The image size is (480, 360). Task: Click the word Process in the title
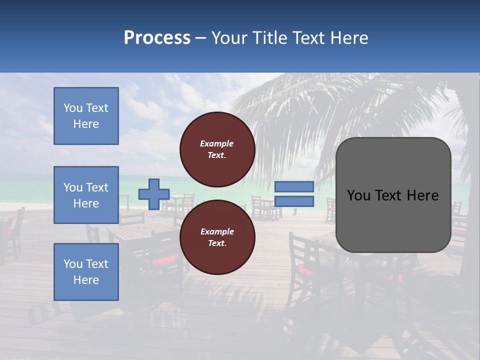tap(157, 38)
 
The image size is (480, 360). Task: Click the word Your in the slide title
tap(229, 38)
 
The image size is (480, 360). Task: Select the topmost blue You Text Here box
tap(86, 116)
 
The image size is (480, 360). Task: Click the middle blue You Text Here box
tap(86, 195)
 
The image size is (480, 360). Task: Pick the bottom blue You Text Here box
tap(86, 272)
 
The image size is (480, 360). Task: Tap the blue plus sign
tap(154, 194)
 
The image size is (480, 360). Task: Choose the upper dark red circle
tap(217, 149)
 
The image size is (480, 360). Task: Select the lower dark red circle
tap(217, 237)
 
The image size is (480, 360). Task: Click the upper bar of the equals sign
tap(294, 187)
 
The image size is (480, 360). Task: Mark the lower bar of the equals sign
tap(294, 201)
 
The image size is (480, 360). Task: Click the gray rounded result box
tap(393, 195)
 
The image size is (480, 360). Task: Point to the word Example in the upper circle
tap(217, 143)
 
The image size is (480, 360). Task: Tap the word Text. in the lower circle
tap(217, 243)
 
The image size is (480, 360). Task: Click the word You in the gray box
tap(358, 195)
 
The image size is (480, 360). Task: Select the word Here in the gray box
tap(422, 195)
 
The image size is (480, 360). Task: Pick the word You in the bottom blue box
tap(73, 264)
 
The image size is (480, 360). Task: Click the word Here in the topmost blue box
tap(86, 124)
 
